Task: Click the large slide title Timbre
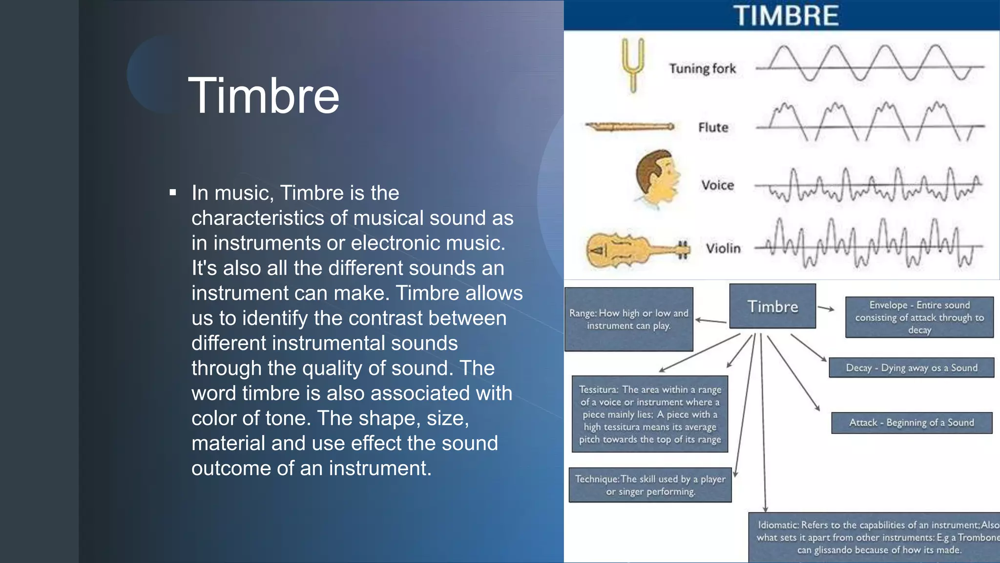[263, 96]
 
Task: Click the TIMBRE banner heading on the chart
[786, 16]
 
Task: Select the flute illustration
[630, 127]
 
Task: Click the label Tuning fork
[702, 68]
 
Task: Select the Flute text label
[713, 128]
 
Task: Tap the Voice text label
[717, 185]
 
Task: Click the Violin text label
[723, 248]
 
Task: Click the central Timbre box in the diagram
[772, 306]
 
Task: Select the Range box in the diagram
[628, 319]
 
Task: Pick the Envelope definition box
[919, 317]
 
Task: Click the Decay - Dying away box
[911, 368]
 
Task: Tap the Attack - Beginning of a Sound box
[911, 423]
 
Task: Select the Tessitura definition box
[649, 414]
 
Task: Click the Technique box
[650, 485]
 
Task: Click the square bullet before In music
[172, 193]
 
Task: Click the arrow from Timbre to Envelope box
[826, 308]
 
